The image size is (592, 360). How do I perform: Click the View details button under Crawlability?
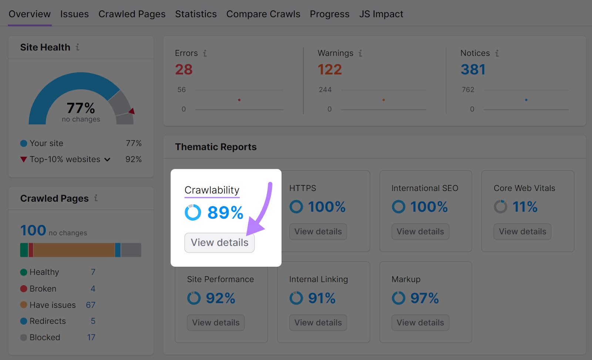click(x=219, y=243)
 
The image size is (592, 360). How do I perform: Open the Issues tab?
click(x=74, y=14)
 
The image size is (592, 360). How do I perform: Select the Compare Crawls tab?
click(x=263, y=14)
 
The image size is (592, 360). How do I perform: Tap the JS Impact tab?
click(x=381, y=14)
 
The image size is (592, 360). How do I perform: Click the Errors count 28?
click(x=184, y=70)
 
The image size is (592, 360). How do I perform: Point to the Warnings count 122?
click(x=330, y=70)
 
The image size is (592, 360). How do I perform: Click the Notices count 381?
click(x=473, y=70)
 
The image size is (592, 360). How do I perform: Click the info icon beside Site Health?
click(x=78, y=47)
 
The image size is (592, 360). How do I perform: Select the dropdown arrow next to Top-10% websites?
click(x=107, y=159)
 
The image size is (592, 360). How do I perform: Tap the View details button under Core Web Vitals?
click(x=522, y=232)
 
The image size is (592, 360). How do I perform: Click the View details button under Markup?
click(x=420, y=323)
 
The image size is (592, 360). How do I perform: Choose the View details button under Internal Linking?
click(x=318, y=323)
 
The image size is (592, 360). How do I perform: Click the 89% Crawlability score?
click(x=225, y=213)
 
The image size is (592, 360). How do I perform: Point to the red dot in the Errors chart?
click(x=239, y=100)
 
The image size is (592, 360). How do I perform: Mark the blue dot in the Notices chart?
click(x=526, y=100)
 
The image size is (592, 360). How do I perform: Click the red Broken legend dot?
click(x=24, y=289)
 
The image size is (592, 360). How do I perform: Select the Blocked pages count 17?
click(x=91, y=337)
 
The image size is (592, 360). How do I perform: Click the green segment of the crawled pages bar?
click(x=24, y=250)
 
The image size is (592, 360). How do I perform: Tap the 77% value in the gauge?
click(x=81, y=108)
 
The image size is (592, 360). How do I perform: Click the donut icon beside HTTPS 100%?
click(x=296, y=206)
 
